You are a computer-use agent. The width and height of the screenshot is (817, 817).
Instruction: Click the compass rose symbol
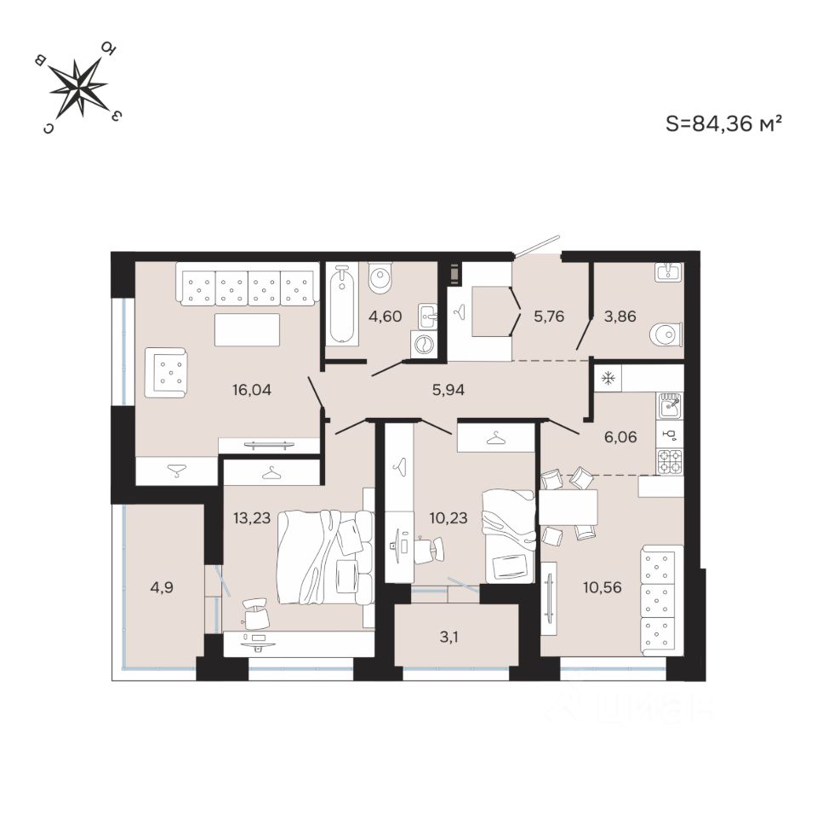tap(78, 87)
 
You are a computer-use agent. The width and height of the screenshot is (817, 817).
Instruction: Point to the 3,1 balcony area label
tap(457, 635)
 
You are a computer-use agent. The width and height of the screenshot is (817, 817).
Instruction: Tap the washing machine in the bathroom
tap(423, 344)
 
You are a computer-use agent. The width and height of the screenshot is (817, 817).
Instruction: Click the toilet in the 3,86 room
tap(666, 334)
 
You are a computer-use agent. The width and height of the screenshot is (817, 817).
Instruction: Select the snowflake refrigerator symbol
tap(608, 378)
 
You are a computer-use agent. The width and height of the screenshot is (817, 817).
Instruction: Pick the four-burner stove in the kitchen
tap(670, 460)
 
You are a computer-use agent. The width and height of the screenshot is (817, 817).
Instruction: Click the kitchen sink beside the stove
tap(670, 405)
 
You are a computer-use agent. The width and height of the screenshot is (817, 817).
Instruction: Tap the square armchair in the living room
tap(166, 373)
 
